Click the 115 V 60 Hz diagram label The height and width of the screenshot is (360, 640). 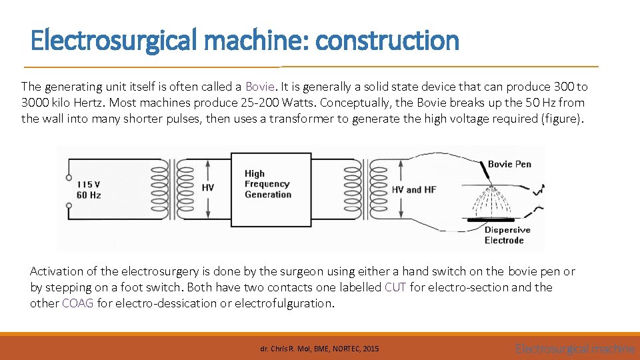(89, 189)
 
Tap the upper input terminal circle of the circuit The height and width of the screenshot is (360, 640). (69, 177)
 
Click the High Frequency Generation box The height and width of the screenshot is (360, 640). (267, 184)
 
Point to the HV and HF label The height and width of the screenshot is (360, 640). (413, 190)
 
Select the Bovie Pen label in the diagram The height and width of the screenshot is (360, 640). (509, 164)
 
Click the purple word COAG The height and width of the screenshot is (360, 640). (78, 303)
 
